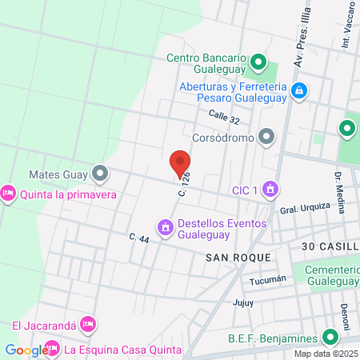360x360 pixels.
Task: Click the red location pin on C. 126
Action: pos(180,162)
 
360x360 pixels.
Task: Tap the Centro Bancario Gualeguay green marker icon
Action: pos(258,62)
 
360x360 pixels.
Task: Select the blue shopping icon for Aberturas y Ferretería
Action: pos(299,91)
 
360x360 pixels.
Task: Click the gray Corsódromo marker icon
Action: pos(266,138)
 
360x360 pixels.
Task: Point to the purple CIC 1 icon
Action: pos(270,189)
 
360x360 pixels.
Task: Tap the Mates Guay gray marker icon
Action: pos(99,173)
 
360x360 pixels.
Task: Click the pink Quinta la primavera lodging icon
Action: pos(9,194)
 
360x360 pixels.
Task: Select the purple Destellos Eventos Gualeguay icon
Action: pos(166,228)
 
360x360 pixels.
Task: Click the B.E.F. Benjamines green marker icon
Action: pos(329,338)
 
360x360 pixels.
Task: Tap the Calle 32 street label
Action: pos(224,118)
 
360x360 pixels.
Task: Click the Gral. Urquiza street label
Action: pos(305,208)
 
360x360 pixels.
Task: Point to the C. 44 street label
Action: pos(139,238)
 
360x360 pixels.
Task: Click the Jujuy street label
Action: pos(242,302)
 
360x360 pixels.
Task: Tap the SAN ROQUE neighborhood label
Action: pos(238,257)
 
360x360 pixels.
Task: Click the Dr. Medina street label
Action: pos(340,192)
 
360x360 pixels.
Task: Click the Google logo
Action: pos(26,350)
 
